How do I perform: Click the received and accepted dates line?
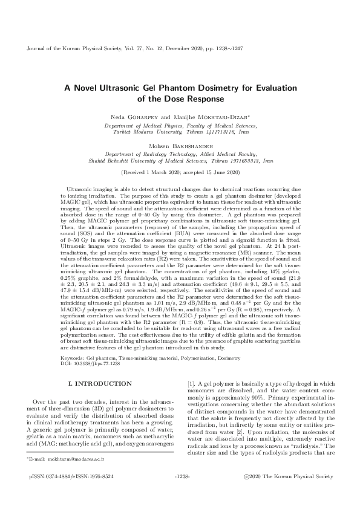(x=180, y=172)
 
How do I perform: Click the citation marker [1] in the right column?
(x=191, y=383)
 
